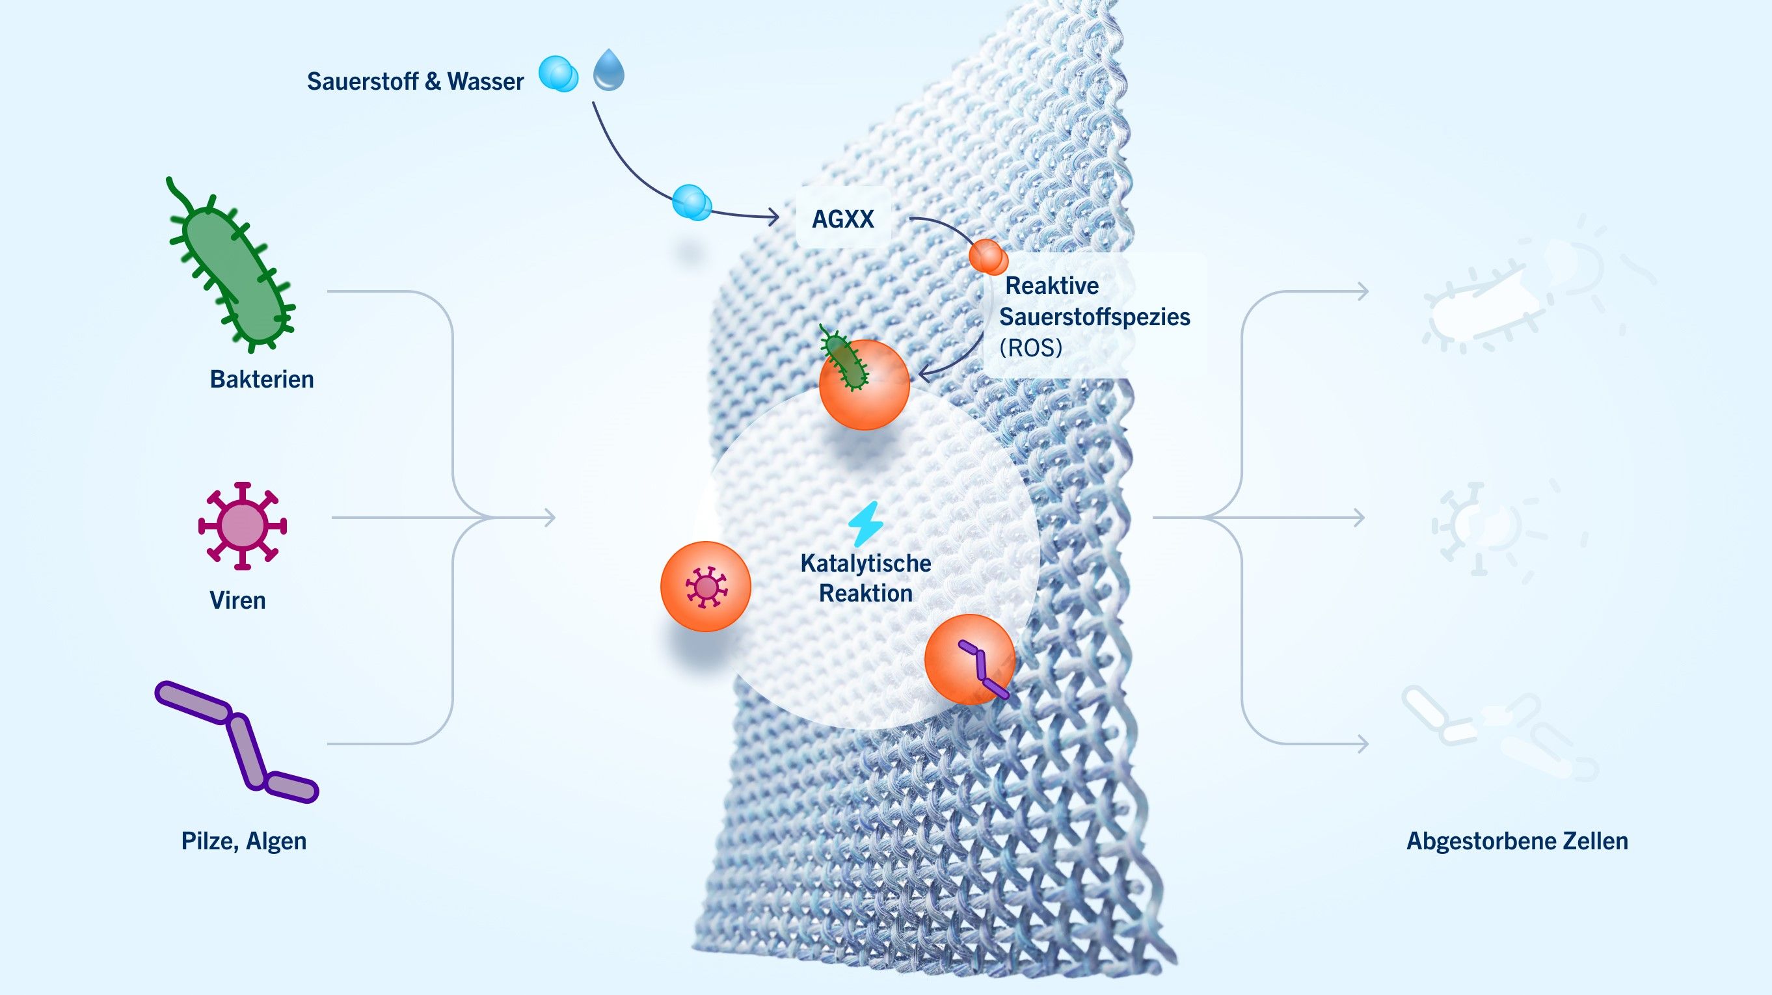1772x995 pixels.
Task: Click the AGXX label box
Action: (x=842, y=219)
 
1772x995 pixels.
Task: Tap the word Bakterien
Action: (x=262, y=379)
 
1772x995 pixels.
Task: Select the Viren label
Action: (x=237, y=600)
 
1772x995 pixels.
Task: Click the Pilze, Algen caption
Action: (x=243, y=840)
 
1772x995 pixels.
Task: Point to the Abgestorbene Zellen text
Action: (x=1517, y=840)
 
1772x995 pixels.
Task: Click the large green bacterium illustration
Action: (x=230, y=272)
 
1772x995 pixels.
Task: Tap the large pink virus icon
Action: (x=242, y=526)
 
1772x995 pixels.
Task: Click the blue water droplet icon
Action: (x=609, y=70)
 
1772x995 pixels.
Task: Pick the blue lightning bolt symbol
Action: (x=865, y=524)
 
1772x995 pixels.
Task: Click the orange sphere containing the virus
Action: (x=706, y=587)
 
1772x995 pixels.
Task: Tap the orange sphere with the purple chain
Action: (x=970, y=659)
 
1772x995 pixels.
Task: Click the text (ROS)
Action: (x=1030, y=347)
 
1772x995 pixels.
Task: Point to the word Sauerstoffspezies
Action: (x=1094, y=317)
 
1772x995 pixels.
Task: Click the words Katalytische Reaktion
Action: (x=865, y=578)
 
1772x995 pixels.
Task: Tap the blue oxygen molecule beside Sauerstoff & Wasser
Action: (x=558, y=74)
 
